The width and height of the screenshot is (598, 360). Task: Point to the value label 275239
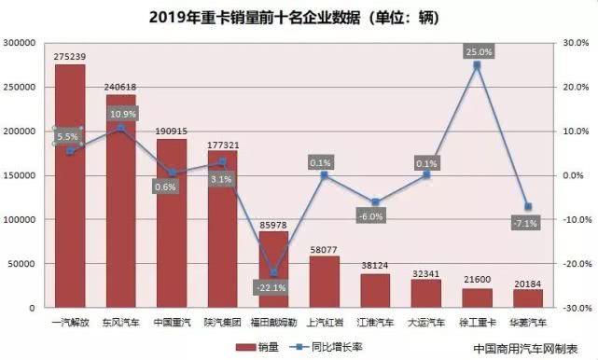pos(70,56)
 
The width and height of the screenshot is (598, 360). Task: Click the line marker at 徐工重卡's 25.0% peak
pos(477,65)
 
